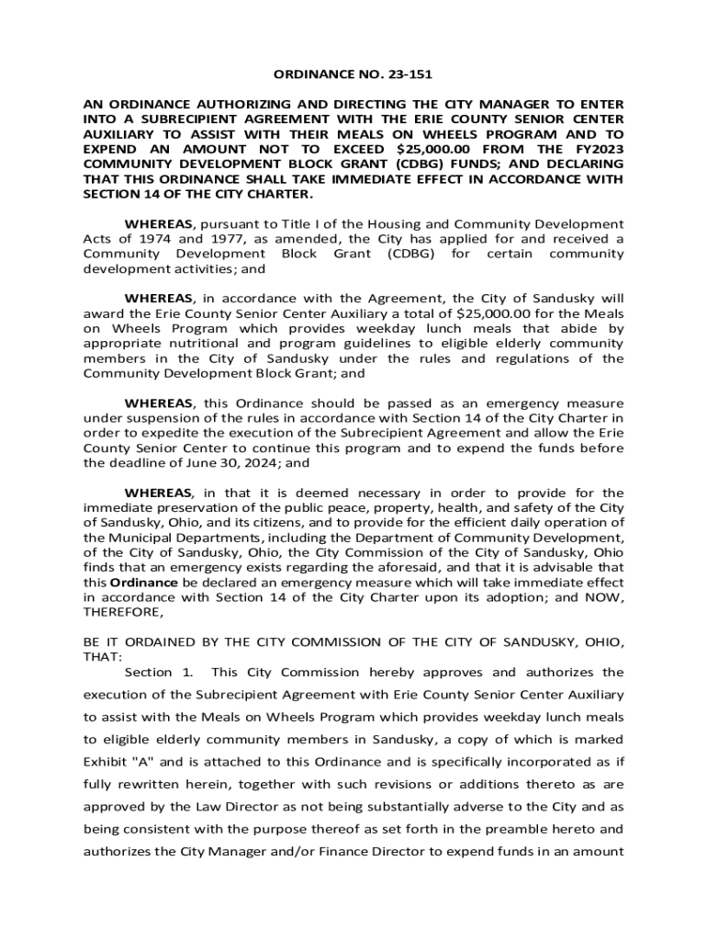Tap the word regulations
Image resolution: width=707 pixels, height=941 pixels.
549,358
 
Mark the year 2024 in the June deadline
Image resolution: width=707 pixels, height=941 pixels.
262,463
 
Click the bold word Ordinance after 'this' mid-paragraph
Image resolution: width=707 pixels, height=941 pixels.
143,582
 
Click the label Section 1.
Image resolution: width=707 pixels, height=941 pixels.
159,673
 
